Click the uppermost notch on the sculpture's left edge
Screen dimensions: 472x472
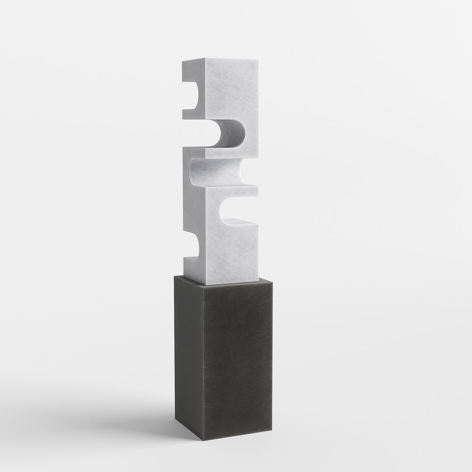[x=191, y=95]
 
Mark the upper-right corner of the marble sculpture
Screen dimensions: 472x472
[x=258, y=60]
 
